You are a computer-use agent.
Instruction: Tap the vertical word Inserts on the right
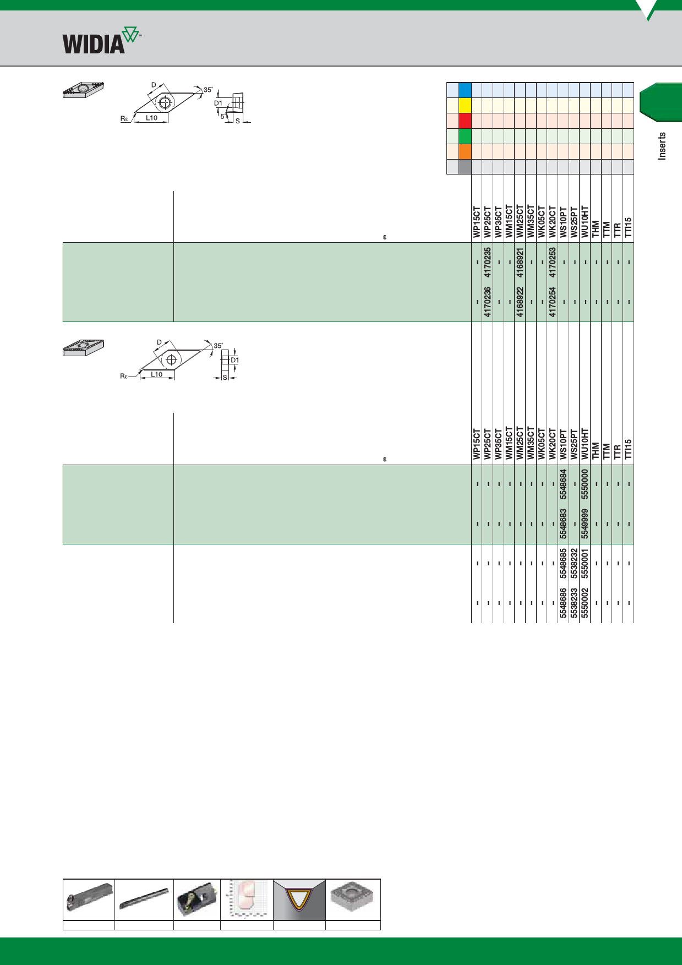click(662, 146)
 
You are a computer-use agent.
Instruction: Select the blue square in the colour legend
click(465, 90)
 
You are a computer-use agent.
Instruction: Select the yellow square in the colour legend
click(465, 105)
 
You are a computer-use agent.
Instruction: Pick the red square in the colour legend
click(465, 121)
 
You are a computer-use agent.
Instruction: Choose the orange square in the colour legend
click(465, 151)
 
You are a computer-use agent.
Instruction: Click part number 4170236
click(488, 302)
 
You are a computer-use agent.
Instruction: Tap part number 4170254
click(553, 302)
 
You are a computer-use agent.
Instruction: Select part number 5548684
click(563, 484)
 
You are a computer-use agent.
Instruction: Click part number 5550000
click(585, 484)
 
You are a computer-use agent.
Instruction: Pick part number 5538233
click(574, 603)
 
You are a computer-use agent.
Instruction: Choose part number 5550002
click(585, 603)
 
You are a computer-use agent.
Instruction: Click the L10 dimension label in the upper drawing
click(151, 118)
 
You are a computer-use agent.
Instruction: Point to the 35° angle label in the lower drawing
click(219, 346)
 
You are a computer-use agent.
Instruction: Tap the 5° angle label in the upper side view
click(222, 116)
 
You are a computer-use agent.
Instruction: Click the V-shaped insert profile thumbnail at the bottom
click(299, 899)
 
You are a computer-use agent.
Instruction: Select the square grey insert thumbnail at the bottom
click(353, 899)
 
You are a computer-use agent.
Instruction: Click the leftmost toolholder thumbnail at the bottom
click(89, 899)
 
